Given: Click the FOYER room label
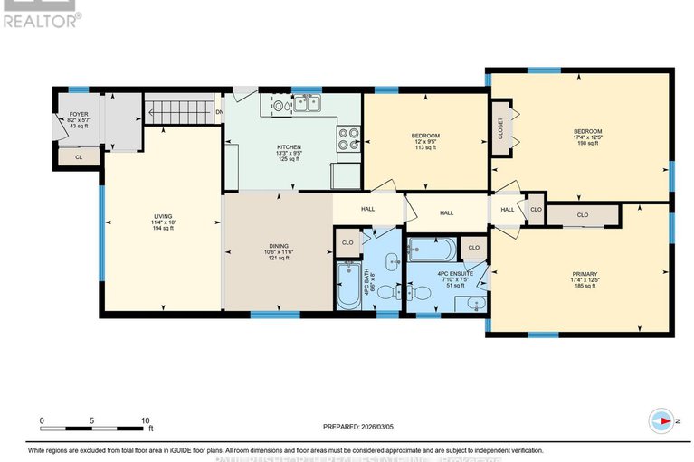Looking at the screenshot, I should click(x=79, y=115).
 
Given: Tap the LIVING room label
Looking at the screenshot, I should click(x=163, y=217).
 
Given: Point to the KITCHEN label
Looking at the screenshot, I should click(x=290, y=147).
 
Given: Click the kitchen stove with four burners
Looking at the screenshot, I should click(x=348, y=138).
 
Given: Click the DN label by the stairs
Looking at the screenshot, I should click(x=220, y=112).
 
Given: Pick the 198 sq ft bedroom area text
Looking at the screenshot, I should click(x=587, y=143).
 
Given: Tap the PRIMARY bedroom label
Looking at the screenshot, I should click(x=585, y=274).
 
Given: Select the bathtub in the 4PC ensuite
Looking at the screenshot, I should click(x=432, y=249).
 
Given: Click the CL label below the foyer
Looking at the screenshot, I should click(x=79, y=157).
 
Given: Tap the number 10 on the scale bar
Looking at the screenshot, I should click(x=145, y=421).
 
